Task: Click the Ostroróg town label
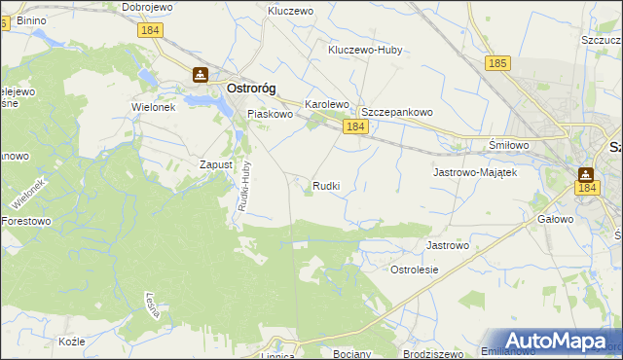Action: tap(251, 88)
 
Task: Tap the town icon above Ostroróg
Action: tap(201, 74)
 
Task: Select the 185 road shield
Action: tap(497, 63)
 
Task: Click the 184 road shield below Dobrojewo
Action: tap(151, 32)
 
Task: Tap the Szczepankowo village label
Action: tap(396, 112)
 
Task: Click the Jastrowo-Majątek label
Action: tap(473, 171)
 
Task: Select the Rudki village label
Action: tap(326, 185)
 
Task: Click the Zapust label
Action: tap(216, 164)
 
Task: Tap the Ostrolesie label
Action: tap(415, 270)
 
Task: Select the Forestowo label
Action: tap(26, 221)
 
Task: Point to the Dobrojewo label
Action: tap(147, 7)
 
